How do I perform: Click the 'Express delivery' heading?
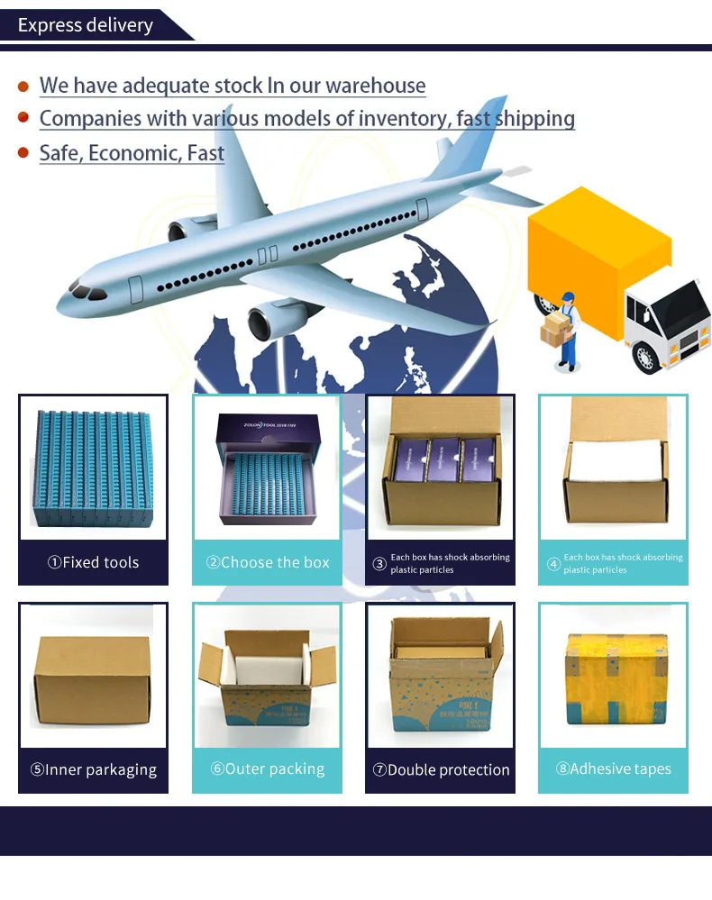86,24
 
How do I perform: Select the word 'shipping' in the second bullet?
533,118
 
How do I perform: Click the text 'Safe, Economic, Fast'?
132,152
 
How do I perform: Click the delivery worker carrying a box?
564,328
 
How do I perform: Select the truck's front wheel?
645,357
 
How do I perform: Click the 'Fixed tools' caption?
94,562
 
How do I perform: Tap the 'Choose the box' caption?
268,562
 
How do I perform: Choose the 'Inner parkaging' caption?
94,769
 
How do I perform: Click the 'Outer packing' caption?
268,768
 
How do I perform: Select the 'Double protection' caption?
441,769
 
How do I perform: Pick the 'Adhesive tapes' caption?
614,768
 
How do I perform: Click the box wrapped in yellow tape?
616,677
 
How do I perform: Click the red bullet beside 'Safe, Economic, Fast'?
23,152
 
